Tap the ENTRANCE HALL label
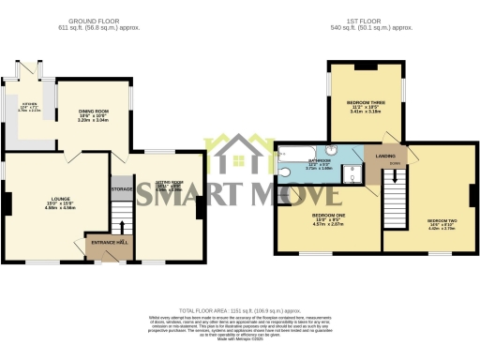point(109,244)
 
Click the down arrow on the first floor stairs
point(395,174)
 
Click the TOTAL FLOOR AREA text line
point(239,309)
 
